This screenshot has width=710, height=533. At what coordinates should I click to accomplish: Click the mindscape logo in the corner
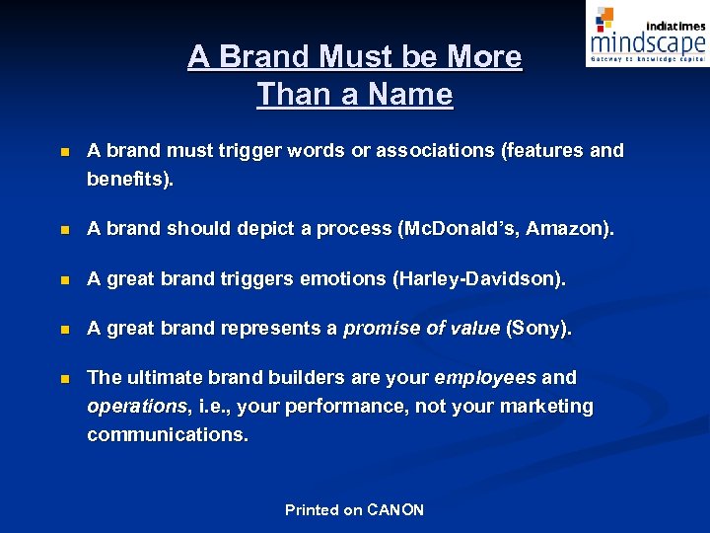(646, 37)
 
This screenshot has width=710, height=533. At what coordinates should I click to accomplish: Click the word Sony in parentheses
(537, 329)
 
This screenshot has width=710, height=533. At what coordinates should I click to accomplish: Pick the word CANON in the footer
(395, 510)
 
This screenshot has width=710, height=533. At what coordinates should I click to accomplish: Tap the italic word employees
(485, 378)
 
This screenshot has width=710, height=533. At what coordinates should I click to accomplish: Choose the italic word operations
(137, 407)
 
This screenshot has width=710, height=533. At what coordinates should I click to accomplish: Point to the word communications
(167, 434)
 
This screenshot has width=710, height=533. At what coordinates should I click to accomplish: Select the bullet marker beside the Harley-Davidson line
(64, 281)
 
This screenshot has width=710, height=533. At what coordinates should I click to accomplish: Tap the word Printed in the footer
(312, 510)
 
